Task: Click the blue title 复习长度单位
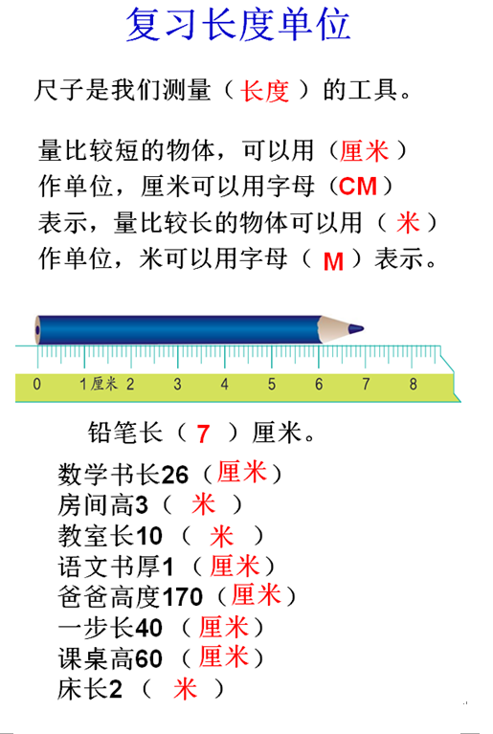[237, 24]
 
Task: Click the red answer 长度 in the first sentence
[264, 90]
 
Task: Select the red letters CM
[358, 187]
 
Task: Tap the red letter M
[333, 261]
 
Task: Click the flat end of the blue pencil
[38, 330]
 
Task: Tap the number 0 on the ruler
[37, 385]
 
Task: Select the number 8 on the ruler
[413, 385]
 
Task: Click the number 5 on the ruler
[272, 385]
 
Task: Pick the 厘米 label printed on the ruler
[104, 384]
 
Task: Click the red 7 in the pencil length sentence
[203, 434]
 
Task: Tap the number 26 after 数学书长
[174, 475]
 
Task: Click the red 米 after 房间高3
[203, 503]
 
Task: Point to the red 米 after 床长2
[185, 689]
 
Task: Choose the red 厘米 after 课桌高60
[223, 656]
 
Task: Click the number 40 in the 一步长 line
[148, 628]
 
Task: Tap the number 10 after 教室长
[148, 536]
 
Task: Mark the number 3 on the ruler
[177, 385]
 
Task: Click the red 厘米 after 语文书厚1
[235, 566]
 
